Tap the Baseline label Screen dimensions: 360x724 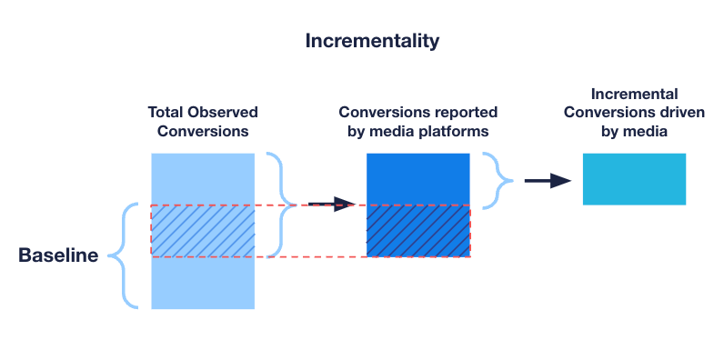(x=58, y=256)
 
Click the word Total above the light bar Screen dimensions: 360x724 (x=167, y=113)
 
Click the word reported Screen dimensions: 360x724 (x=463, y=113)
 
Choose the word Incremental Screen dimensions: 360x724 (x=635, y=95)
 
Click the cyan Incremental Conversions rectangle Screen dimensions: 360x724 (x=634, y=179)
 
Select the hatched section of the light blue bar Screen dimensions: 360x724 (x=203, y=231)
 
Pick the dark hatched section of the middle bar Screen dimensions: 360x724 (x=417, y=231)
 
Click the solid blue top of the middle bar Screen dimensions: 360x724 (x=417, y=179)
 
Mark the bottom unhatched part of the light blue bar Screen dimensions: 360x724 (x=203, y=283)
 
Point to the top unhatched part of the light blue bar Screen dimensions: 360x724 (x=203, y=179)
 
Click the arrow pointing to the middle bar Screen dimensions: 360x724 (x=331, y=204)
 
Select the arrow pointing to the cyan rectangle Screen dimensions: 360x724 (x=548, y=180)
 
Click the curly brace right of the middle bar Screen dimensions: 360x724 (x=498, y=179)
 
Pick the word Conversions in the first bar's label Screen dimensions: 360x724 (x=203, y=131)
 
